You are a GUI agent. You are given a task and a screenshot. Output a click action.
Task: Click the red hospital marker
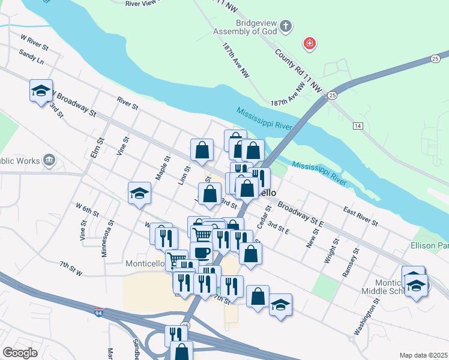(310, 44)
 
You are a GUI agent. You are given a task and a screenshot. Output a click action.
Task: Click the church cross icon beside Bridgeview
(286, 26)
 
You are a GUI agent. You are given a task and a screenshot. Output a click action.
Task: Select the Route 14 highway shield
(358, 125)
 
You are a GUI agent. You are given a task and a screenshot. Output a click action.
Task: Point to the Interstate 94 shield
(98, 312)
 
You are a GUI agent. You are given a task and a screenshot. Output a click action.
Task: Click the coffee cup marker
(201, 252)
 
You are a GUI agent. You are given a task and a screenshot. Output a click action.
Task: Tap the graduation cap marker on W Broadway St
(41, 91)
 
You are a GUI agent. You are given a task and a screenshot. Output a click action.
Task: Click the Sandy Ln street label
(31, 57)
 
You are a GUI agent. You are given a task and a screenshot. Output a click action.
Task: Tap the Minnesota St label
(107, 238)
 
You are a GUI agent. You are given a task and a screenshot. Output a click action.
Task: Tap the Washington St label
(365, 319)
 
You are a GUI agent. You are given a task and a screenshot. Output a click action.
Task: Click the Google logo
(20, 352)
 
